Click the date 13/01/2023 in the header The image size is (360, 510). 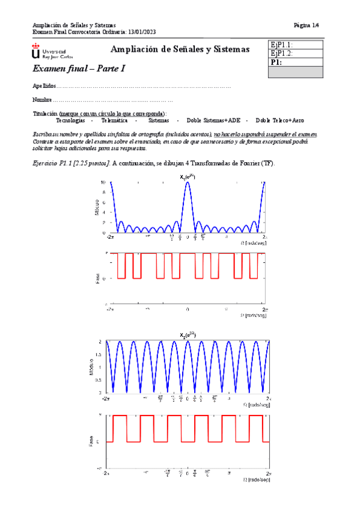click(x=124, y=32)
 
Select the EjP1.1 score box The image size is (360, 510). click(x=296, y=45)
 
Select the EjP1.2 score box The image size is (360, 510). click(x=296, y=54)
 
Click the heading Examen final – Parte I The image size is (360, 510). click(x=79, y=69)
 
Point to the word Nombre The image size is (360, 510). click(x=42, y=100)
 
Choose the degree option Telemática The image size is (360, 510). click(x=117, y=120)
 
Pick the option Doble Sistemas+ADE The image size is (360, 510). click(x=209, y=120)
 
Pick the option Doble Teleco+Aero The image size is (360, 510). click(x=279, y=120)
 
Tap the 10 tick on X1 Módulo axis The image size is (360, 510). click(x=103, y=182)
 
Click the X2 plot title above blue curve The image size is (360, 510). click(x=188, y=334)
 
